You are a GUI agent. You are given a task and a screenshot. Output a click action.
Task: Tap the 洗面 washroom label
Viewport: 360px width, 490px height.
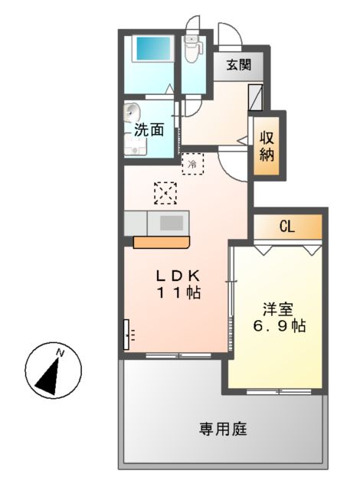149,129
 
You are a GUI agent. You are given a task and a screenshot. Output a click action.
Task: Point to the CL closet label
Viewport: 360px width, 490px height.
287,226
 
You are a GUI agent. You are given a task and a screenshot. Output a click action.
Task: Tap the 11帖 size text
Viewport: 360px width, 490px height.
178,292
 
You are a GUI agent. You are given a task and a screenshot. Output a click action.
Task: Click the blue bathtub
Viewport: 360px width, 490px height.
151,49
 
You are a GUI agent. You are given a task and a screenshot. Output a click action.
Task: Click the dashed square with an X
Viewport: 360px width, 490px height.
165,194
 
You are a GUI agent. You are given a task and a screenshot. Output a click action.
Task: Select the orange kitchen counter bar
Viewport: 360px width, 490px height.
161,242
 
